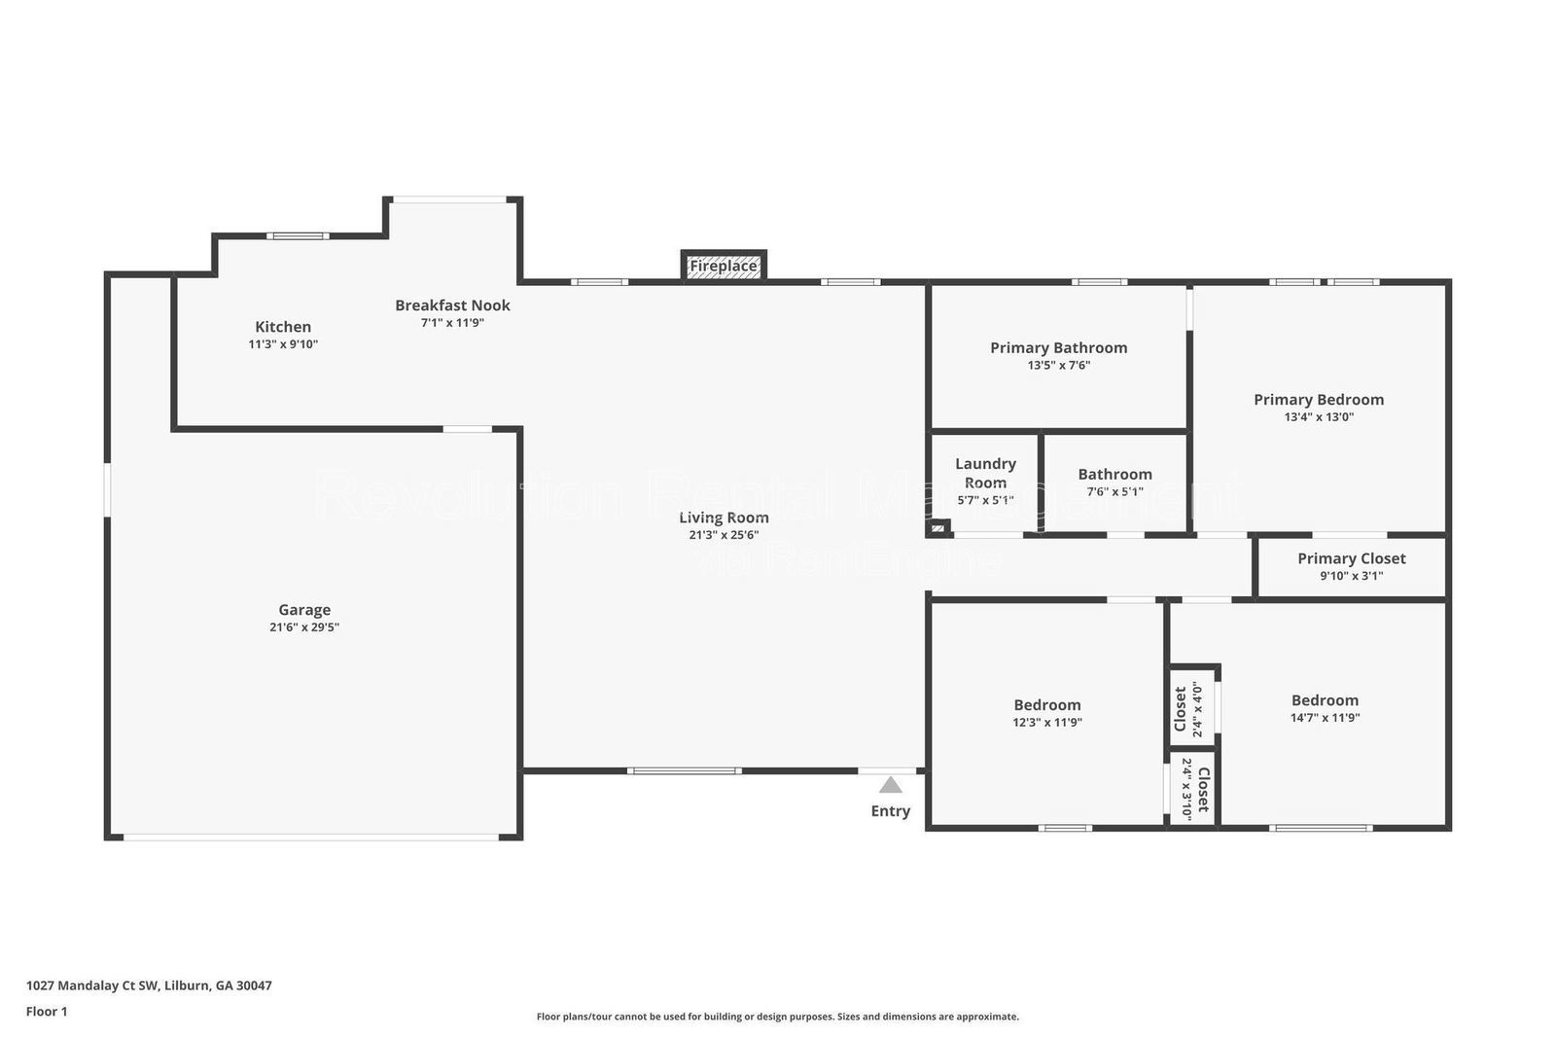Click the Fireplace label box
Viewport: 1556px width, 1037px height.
pos(724,266)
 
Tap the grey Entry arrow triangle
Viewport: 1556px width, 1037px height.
pos(890,785)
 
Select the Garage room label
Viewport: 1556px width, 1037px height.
pos(304,610)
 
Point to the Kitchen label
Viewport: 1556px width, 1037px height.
pos(283,327)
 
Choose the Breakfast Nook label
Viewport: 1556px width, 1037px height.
pos(452,305)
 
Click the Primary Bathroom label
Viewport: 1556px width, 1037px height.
pos(1058,347)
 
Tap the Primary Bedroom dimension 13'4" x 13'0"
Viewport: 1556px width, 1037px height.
pos(1319,417)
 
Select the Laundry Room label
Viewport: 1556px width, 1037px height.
pos(985,473)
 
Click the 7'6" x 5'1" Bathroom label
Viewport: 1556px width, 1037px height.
pos(1114,475)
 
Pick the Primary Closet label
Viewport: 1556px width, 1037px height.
pos(1351,558)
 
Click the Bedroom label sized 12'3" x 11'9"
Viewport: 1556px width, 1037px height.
pos(1046,705)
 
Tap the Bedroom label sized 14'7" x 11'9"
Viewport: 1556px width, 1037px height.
pos(1325,700)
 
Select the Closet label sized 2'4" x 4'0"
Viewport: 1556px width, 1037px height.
pos(1181,709)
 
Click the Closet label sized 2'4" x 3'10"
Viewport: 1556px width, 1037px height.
pos(1202,789)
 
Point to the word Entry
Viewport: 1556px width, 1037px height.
pos(890,811)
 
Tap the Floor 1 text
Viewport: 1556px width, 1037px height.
pos(47,1012)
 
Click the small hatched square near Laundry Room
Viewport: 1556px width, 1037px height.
pos(937,528)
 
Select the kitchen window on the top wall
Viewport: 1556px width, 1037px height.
pos(298,235)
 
